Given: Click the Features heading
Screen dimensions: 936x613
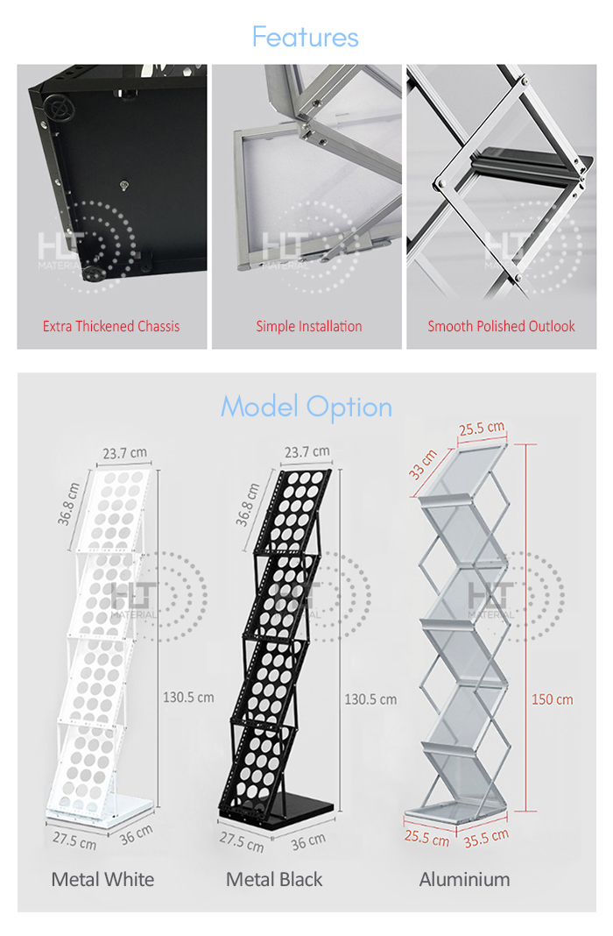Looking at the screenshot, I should click(x=305, y=37).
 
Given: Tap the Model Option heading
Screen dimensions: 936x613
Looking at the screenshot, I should click(x=306, y=407).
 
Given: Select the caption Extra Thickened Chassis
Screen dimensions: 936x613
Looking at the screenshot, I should click(x=111, y=326).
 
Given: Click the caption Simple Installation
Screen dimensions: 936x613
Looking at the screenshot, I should click(x=308, y=326).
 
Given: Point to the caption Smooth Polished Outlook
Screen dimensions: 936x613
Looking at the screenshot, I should click(x=501, y=326).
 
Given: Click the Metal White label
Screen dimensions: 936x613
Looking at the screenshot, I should click(x=102, y=879).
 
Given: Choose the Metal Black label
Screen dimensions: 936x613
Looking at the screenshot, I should click(x=274, y=879).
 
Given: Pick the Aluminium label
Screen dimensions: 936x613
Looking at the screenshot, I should click(x=464, y=879).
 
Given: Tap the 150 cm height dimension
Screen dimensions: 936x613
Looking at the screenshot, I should click(x=553, y=699).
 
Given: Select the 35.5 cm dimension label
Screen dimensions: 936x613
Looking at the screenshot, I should click(x=487, y=837).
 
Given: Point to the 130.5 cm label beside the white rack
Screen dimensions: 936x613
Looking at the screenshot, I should click(x=188, y=698).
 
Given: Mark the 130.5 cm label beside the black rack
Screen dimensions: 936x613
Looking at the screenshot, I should click(x=370, y=699).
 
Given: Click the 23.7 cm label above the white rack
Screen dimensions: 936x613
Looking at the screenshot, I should click(x=124, y=454).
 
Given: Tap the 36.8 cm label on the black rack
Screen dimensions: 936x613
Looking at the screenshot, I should click(x=247, y=505).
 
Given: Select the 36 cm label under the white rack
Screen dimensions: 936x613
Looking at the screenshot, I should click(x=136, y=835).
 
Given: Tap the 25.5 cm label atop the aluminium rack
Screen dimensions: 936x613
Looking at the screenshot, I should click(x=482, y=429).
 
